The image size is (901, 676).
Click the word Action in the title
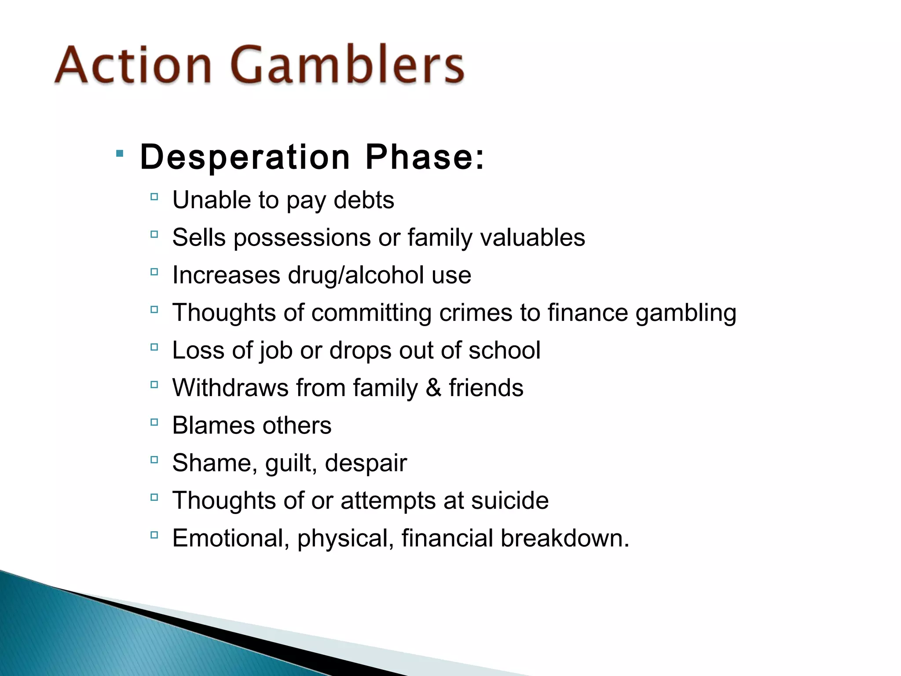click(x=133, y=65)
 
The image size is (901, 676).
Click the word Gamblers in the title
click(x=348, y=65)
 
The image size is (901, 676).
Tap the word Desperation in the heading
click(x=245, y=157)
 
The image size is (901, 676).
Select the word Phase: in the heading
click(x=425, y=157)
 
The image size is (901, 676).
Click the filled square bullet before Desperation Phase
click(x=120, y=154)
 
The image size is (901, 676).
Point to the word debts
click(x=364, y=200)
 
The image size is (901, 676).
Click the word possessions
click(x=302, y=238)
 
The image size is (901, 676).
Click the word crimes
click(x=476, y=313)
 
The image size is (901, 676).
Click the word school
click(x=504, y=350)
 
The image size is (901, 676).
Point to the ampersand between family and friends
click(x=433, y=388)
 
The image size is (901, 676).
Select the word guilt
click(x=290, y=463)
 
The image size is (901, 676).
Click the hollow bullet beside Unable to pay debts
click(x=154, y=197)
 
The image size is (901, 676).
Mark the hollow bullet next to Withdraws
click(x=154, y=385)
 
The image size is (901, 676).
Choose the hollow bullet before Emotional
click(x=154, y=535)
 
